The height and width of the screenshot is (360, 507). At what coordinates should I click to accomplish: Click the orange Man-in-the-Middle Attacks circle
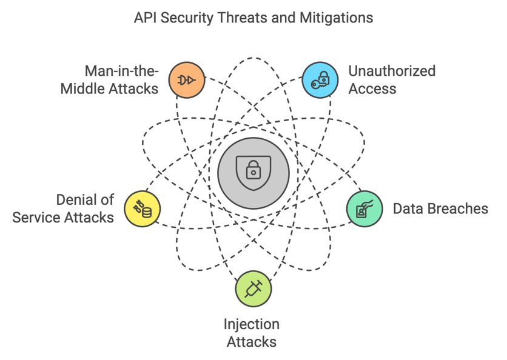tap(187, 80)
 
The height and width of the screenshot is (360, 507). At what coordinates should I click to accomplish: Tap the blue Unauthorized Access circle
tap(320, 80)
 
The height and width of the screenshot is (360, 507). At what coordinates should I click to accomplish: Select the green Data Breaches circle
tap(364, 209)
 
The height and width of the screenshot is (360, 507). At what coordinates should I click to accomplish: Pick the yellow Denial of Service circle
tap(143, 209)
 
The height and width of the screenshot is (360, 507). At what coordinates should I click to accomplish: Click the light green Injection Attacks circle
tap(253, 288)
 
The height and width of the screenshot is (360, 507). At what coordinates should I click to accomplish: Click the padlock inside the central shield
tap(253, 171)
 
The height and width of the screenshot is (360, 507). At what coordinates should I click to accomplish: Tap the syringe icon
tap(253, 288)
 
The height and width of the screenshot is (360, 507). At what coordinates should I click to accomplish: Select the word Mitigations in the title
tap(337, 18)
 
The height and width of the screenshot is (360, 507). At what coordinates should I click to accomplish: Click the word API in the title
tap(145, 18)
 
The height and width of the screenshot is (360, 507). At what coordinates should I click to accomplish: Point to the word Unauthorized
tap(392, 71)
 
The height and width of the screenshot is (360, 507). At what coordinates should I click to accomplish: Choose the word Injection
tap(252, 324)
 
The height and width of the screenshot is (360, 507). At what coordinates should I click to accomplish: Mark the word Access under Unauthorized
tap(372, 88)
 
